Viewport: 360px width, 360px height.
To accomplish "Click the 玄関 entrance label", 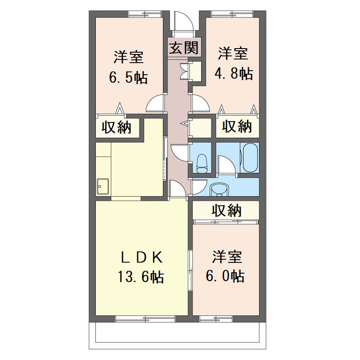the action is pos(184,48).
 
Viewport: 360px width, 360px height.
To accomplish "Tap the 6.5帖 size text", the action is pos(128,77).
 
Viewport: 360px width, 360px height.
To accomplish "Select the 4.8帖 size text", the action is pos(234,73).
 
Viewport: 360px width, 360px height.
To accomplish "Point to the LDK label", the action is pos(142,257).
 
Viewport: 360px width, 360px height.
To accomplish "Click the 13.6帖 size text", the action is pos(141,277).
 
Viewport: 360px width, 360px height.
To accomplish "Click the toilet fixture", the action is pos(202,163).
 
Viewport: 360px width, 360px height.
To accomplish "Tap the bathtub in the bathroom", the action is pos(250,157).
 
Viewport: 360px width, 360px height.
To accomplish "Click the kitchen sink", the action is pos(103,186).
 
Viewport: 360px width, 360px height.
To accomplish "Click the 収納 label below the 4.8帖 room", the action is pos(237,126).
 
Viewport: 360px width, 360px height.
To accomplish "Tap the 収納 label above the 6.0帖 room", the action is pos(227,210).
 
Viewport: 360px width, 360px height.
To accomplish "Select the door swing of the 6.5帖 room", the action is pos(155,104).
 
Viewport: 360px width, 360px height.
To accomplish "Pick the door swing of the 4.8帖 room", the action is pos(200,104).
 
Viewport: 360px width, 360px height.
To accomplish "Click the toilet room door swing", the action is pos(180,153).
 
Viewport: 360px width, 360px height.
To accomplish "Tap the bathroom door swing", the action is pos(226,164).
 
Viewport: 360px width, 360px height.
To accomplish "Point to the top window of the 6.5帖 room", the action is pos(145,14).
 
